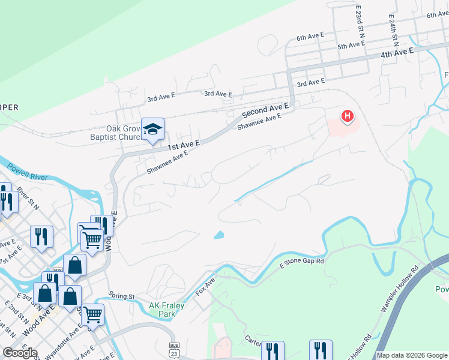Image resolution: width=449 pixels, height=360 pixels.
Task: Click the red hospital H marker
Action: (347, 116)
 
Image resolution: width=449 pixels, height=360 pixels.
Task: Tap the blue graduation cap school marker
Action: (152, 129)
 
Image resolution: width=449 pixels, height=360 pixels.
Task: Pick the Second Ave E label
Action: (265, 110)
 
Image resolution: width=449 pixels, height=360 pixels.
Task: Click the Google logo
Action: (19, 353)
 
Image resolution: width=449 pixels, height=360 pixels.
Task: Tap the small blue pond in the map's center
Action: (219, 235)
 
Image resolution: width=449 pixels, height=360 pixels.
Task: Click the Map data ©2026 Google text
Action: (412, 355)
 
